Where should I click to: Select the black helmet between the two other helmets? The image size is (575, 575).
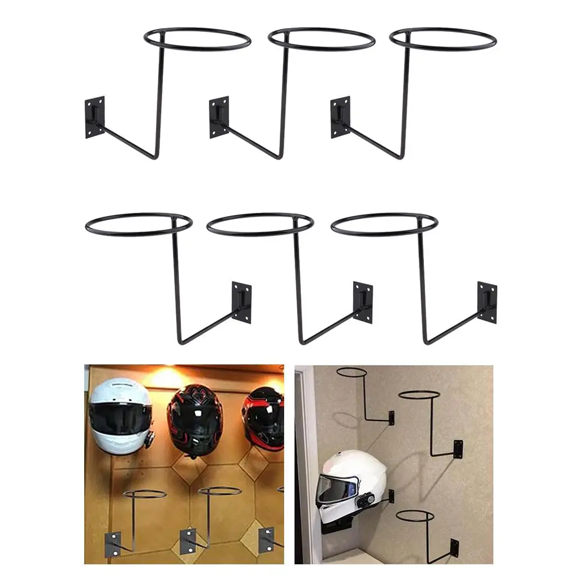pos(194,418)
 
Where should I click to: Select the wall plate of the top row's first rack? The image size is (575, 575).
pos(95,117)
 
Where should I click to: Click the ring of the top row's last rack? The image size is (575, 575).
pos(443,38)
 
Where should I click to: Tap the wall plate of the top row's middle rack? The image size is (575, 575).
pos(219,117)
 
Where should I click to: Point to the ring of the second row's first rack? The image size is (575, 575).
pos(139,224)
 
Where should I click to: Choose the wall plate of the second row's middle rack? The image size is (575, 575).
pos(363,302)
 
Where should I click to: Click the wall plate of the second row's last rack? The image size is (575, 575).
pos(487,302)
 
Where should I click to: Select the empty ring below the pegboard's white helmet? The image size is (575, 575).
pos(144,494)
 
